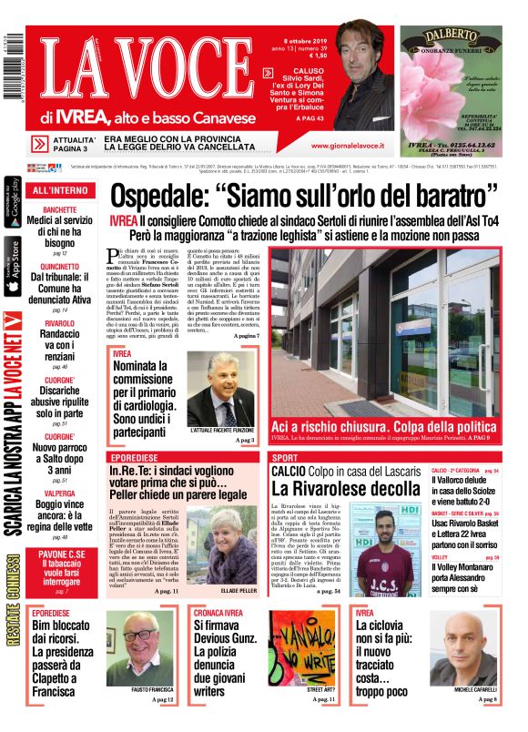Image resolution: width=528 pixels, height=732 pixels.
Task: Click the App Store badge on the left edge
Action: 13,267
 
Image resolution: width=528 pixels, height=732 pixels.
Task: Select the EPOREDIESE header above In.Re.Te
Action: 136,457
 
